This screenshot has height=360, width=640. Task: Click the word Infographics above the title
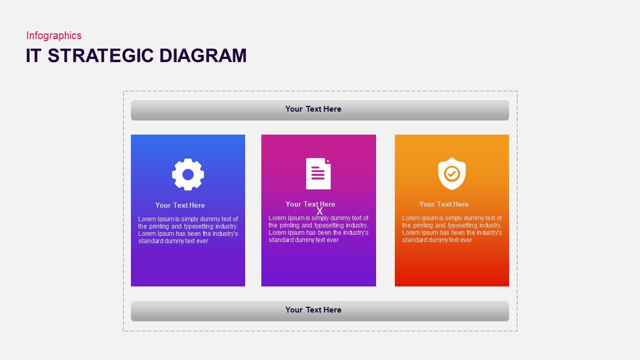tap(54, 35)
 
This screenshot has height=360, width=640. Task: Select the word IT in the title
tap(33, 55)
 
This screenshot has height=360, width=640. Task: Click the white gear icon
tap(188, 174)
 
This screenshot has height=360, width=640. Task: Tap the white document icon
tap(318, 174)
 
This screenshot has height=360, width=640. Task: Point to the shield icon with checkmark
tap(452, 174)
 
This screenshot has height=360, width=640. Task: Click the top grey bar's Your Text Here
tap(313, 109)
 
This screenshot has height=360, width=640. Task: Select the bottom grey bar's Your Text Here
tap(313, 310)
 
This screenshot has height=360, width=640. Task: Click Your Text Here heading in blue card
tap(180, 206)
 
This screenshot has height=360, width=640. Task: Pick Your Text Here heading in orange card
tap(444, 205)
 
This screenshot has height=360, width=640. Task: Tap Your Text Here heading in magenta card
tap(310, 204)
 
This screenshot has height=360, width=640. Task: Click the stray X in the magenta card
tap(320, 211)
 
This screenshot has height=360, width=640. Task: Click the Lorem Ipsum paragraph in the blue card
tap(188, 230)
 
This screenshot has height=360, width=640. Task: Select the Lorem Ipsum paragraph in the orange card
tap(452, 229)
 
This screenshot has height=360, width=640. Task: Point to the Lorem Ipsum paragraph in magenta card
tap(318, 229)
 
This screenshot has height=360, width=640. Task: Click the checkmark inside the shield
tap(452, 173)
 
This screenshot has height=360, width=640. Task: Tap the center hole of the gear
tap(188, 174)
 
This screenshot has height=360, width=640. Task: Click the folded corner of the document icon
tap(328, 161)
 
